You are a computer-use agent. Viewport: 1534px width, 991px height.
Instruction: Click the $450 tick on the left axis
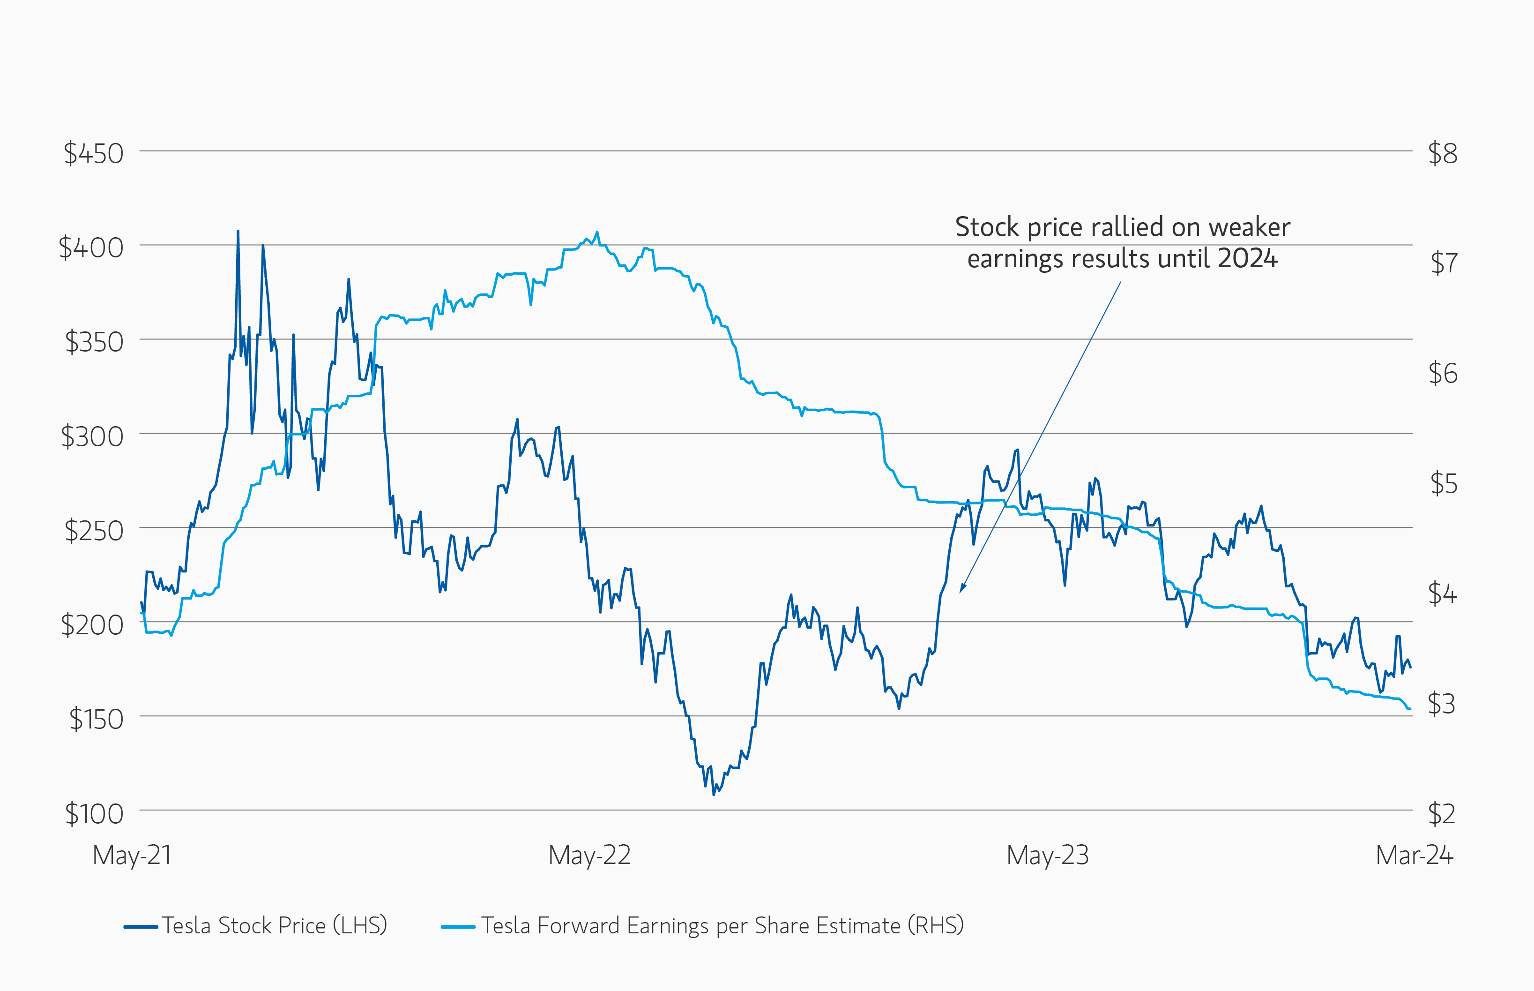pyautogui.click(x=93, y=154)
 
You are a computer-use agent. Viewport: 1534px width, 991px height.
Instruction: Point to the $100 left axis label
pyautogui.click(x=94, y=814)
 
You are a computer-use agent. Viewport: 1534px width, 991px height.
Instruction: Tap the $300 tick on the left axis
pyautogui.click(x=92, y=437)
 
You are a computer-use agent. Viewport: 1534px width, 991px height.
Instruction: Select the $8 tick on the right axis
pyautogui.click(x=1443, y=154)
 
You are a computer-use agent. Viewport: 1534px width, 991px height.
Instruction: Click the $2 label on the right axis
pyautogui.click(x=1441, y=814)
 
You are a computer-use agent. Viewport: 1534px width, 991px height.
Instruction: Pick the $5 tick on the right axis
pyautogui.click(x=1443, y=484)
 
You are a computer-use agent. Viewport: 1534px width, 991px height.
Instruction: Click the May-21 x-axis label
pyautogui.click(x=132, y=855)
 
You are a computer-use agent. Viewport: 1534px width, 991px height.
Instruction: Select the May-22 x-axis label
pyautogui.click(x=589, y=855)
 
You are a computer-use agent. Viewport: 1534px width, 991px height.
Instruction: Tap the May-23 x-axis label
pyautogui.click(x=1047, y=855)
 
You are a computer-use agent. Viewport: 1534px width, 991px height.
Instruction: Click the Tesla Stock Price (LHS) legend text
pyautogui.click(x=275, y=925)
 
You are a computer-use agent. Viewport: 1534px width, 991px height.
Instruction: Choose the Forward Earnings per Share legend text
pyautogui.click(x=722, y=925)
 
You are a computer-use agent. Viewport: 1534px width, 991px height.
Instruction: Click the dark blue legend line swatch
pyautogui.click(x=141, y=927)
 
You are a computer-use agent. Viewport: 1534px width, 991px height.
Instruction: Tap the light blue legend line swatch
pyautogui.click(x=458, y=927)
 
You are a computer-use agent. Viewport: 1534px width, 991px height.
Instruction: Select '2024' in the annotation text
pyautogui.click(x=1247, y=259)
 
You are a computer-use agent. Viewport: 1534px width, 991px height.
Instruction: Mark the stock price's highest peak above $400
pyautogui.click(x=238, y=231)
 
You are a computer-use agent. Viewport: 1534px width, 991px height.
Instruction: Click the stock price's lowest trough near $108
pyautogui.click(x=713, y=795)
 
